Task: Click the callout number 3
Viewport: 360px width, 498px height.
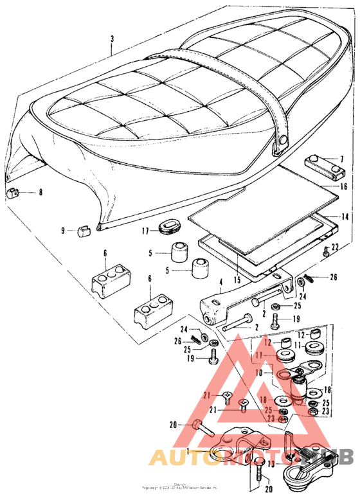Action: pos(112,39)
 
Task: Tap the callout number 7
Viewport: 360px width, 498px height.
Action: pos(342,158)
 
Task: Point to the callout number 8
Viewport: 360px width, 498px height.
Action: pos(41,192)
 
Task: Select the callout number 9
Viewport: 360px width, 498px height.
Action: pos(63,230)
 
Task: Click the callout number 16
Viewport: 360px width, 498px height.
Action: pos(343,187)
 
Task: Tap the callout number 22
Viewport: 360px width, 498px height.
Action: pos(335,247)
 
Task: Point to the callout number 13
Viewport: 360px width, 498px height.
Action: pos(271,464)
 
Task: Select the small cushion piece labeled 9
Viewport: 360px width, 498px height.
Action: pos(83,230)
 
